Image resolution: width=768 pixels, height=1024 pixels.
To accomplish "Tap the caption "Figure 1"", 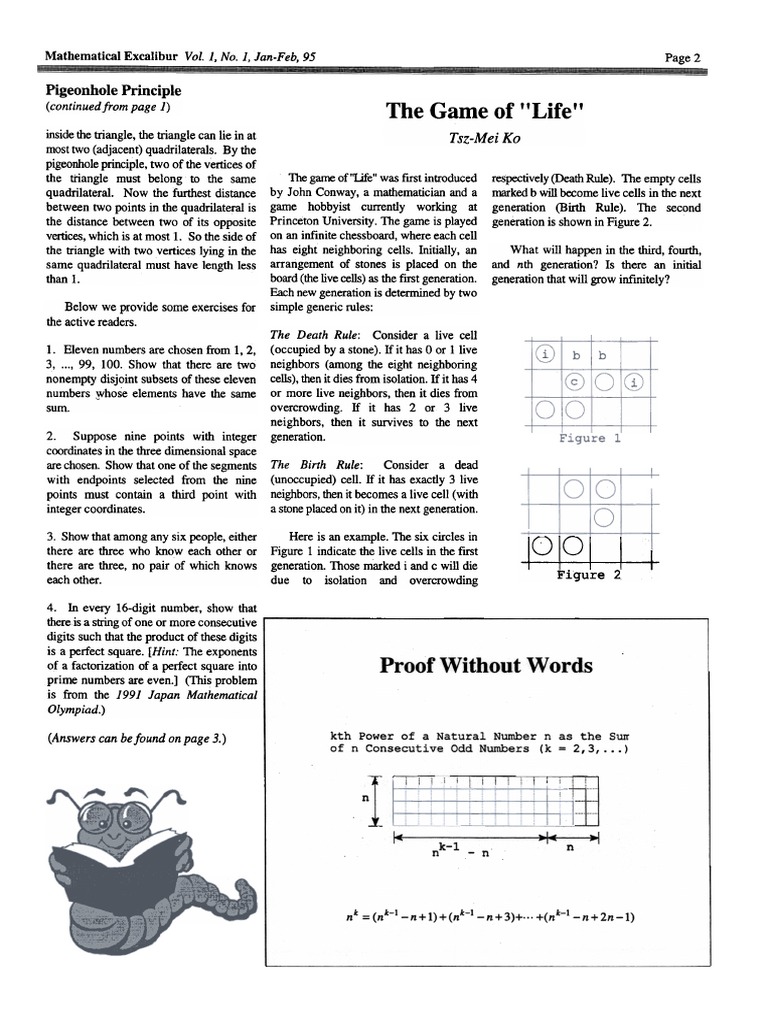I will [589, 438].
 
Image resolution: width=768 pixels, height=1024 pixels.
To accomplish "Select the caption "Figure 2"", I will [589, 574].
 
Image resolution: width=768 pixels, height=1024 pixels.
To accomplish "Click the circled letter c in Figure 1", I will [574, 381].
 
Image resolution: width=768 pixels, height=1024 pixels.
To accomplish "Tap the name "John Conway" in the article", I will [322, 190].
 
